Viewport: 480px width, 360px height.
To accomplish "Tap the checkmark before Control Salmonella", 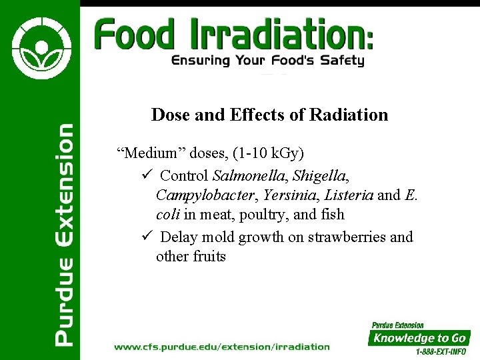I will (148, 176).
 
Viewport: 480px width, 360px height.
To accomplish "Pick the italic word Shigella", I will (321, 176).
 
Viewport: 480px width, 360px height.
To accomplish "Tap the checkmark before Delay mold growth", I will (148, 237).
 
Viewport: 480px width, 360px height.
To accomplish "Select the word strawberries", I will (347, 237).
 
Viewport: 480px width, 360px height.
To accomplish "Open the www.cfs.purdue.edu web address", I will (222, 347).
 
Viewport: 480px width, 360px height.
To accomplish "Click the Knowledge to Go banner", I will (419, 337).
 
